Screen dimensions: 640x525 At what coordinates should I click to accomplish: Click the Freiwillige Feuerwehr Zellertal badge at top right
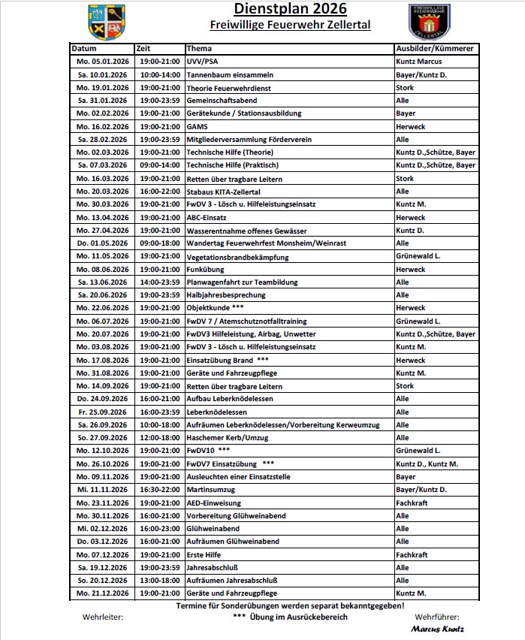point(429,22)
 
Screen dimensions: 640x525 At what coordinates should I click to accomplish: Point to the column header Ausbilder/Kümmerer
point(434,48)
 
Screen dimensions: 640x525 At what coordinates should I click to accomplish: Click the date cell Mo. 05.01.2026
point(103,61)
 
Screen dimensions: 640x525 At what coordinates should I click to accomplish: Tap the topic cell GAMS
point(197,126)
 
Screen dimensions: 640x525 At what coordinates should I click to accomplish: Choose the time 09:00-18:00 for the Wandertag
point(160,243)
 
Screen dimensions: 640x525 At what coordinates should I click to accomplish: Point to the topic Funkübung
point(205,269)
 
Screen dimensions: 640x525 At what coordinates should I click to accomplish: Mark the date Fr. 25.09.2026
point(103,412)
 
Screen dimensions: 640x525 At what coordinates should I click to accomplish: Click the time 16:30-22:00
point(160,490)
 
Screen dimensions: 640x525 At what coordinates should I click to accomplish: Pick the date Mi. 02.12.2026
point(103,529)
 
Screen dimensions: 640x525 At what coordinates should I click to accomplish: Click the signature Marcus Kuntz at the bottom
point(437,629)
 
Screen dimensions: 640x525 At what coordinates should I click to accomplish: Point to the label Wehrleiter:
point(103,617)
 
